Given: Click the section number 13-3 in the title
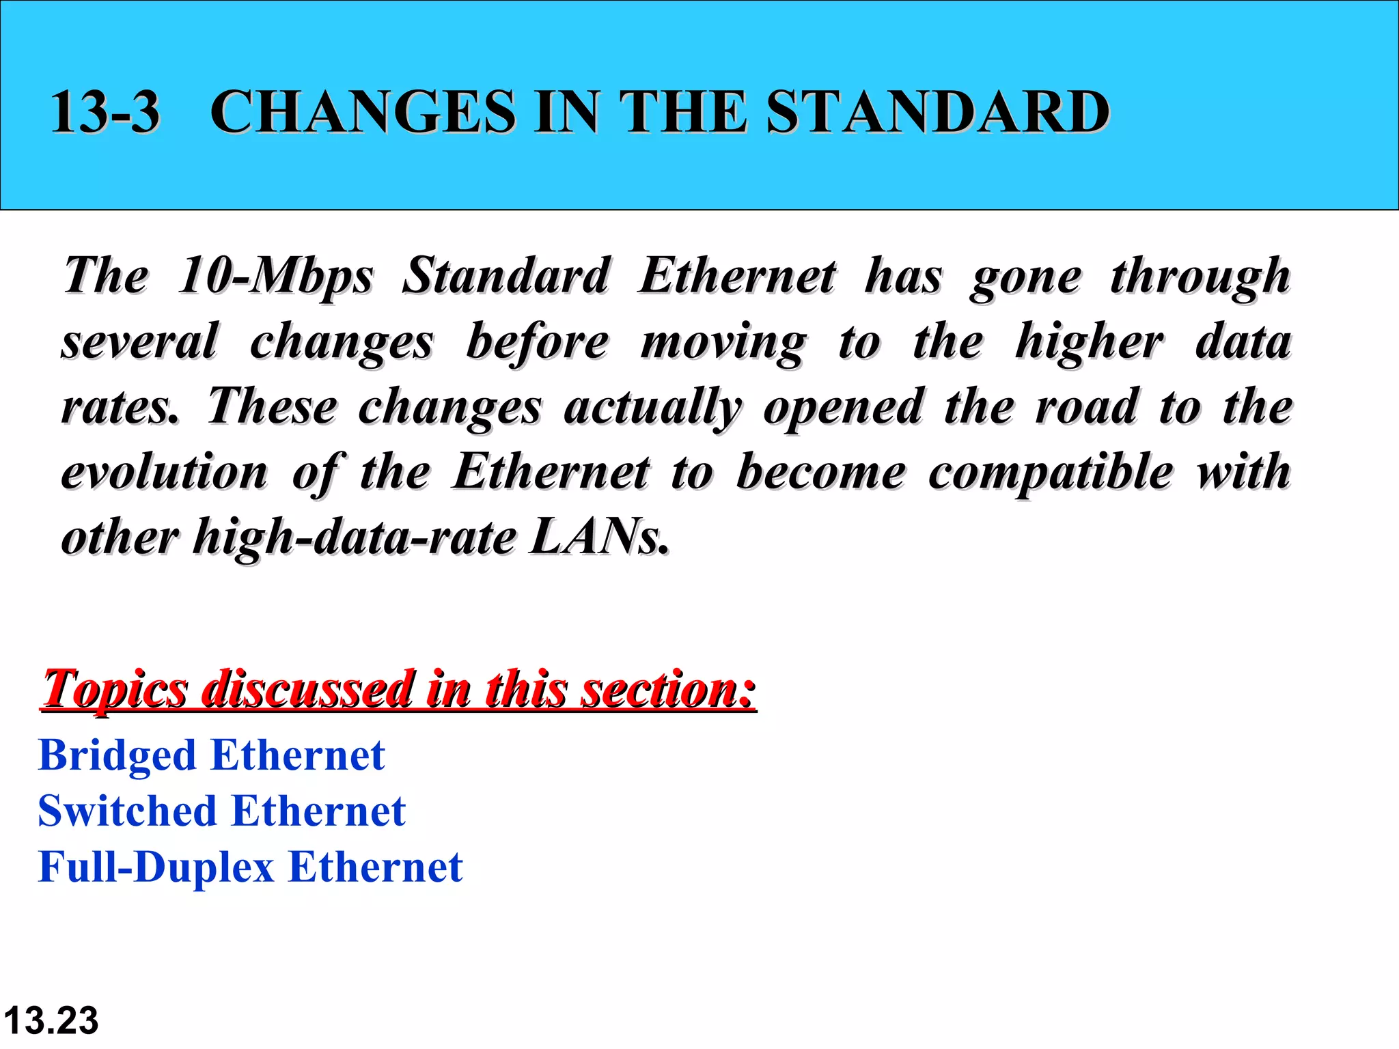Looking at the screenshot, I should point(105,111).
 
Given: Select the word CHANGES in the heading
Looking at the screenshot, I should point(363,111).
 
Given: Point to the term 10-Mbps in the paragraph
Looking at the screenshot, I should point(275,277).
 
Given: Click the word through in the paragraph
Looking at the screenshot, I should point(1200,277).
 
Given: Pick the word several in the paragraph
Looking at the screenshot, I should point(140,341).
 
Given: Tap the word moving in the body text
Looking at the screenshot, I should point(723,341).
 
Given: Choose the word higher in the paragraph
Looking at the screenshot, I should point(1089,341).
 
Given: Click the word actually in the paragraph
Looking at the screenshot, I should point(652,408).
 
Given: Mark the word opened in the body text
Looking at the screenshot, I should point(843,408).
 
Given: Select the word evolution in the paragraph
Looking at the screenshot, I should point(165,473).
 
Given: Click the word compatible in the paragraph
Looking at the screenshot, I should point(1051,473).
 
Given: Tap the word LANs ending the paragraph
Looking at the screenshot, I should point(598,537).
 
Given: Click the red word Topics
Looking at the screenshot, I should point(115,690).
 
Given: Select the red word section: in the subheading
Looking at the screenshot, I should point(668,690).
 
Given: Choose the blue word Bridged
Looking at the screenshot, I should point(117,757).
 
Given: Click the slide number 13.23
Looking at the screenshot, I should point(51,1021).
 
